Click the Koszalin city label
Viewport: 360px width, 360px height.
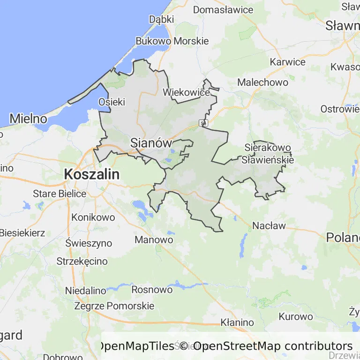pos(91,174)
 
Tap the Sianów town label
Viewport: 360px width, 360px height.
pos(151,142)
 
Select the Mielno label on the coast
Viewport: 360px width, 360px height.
pos(28,118)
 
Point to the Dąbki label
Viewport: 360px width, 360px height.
pos(161,19)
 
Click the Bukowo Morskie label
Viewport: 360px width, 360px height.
pos(172,41)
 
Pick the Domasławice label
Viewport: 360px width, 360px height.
pos(223,9)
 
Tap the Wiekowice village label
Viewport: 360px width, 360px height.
pos(186,92)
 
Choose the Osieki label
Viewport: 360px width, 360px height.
pos(112,102)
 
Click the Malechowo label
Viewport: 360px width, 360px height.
pos(262,82)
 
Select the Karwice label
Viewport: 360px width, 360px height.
pos(287,62)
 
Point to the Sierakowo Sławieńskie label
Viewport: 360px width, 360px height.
pos(268,154)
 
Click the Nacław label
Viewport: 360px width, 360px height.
pos(269,225)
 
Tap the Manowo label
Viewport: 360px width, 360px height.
pos(154,240)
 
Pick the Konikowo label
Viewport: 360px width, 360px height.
pos(93,217)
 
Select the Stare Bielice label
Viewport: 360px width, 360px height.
pos(60,193)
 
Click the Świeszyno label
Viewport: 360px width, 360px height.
pos(89,243)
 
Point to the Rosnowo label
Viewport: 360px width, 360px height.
pos(152,289)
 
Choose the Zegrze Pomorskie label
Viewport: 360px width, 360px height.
pos(114,306)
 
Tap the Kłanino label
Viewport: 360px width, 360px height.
pos(237,322)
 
